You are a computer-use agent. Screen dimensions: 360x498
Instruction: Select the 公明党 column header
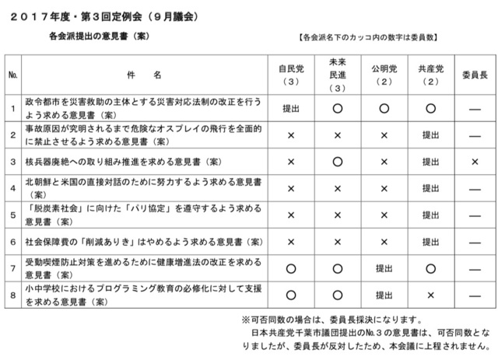pos(384,75)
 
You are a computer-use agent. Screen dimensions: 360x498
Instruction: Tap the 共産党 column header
pos(430,75)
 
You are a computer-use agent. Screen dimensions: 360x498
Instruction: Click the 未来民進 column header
pos(338,74)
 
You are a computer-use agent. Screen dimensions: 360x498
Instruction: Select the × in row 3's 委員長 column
pos(474,162)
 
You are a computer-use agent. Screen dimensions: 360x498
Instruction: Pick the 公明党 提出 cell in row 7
pos(384,268)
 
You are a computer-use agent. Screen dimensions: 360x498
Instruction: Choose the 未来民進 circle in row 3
pos(338,162)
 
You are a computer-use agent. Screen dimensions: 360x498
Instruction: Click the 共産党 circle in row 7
pos(430,268)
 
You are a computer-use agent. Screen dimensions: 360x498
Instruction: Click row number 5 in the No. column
pos(12,215)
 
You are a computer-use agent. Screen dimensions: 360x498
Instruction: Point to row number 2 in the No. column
pos(12,135)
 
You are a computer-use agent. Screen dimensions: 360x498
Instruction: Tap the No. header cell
pos(12,75)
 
